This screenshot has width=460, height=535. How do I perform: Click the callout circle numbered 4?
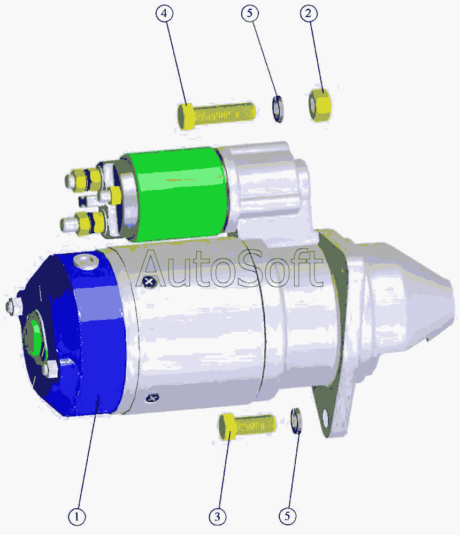coord(164,13)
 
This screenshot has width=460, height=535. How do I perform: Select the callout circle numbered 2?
coord(309,13)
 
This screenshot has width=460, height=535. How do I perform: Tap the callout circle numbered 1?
coord(76,517)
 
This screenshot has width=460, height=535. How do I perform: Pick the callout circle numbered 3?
coord(217,517)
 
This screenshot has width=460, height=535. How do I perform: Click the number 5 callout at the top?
coord(250,13)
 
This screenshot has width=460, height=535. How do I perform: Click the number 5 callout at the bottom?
coord(288,516)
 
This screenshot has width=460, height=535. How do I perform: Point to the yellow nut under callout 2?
coord(320,105)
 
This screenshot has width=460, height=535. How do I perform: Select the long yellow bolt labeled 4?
coord(216,116)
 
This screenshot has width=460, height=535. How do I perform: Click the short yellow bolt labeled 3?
coord(247,426)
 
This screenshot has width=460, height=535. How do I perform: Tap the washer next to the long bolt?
coord(278,109)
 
